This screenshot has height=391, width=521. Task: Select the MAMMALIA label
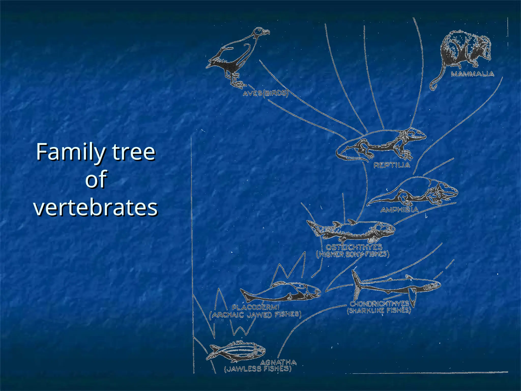click(472, 74)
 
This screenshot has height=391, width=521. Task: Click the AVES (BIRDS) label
click(265, 93)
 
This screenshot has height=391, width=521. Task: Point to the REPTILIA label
click(392, 165)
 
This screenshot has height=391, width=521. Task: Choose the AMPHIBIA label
click(399, 210)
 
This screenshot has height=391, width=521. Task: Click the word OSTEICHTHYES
click(354, 247)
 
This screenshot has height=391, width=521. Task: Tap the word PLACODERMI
click(255, 308)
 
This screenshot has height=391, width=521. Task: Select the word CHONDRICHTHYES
click(379, 304)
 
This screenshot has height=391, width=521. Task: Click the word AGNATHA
click(278, 362)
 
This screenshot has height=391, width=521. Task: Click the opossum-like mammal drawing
click(466, 50)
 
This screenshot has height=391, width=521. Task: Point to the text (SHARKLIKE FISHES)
click(379, 311)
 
